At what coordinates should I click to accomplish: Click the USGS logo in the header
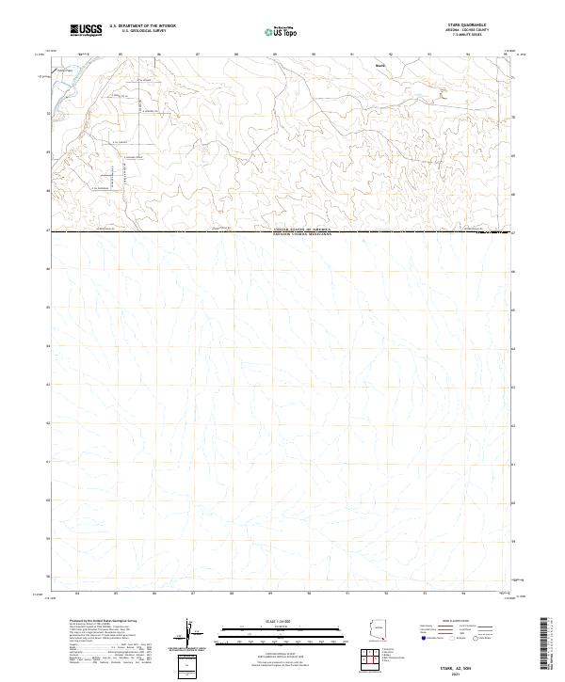(x=86, y=30)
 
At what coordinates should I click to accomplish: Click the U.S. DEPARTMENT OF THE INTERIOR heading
(x=142, y=25)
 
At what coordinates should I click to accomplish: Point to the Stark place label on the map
(x=380, y=66)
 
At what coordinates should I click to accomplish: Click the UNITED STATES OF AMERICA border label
(x=302, y=229)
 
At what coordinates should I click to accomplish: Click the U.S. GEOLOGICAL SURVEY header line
(x=142, y=30)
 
